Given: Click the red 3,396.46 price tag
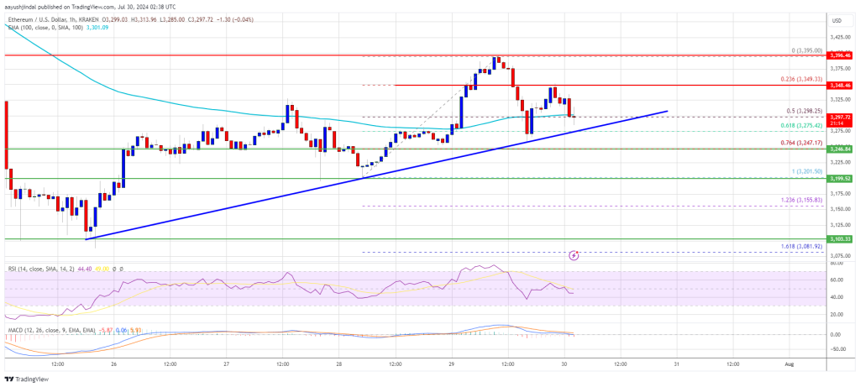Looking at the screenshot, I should (840, 55).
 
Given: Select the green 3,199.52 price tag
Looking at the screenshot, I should (840, 179).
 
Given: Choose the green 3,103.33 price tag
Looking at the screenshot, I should (840, 239).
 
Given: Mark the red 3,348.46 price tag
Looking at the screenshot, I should (840, 86).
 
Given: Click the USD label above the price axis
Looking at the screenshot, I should (836, 19).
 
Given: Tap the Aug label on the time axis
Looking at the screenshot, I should (789, 365).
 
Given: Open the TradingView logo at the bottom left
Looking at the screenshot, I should (29, 378).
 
